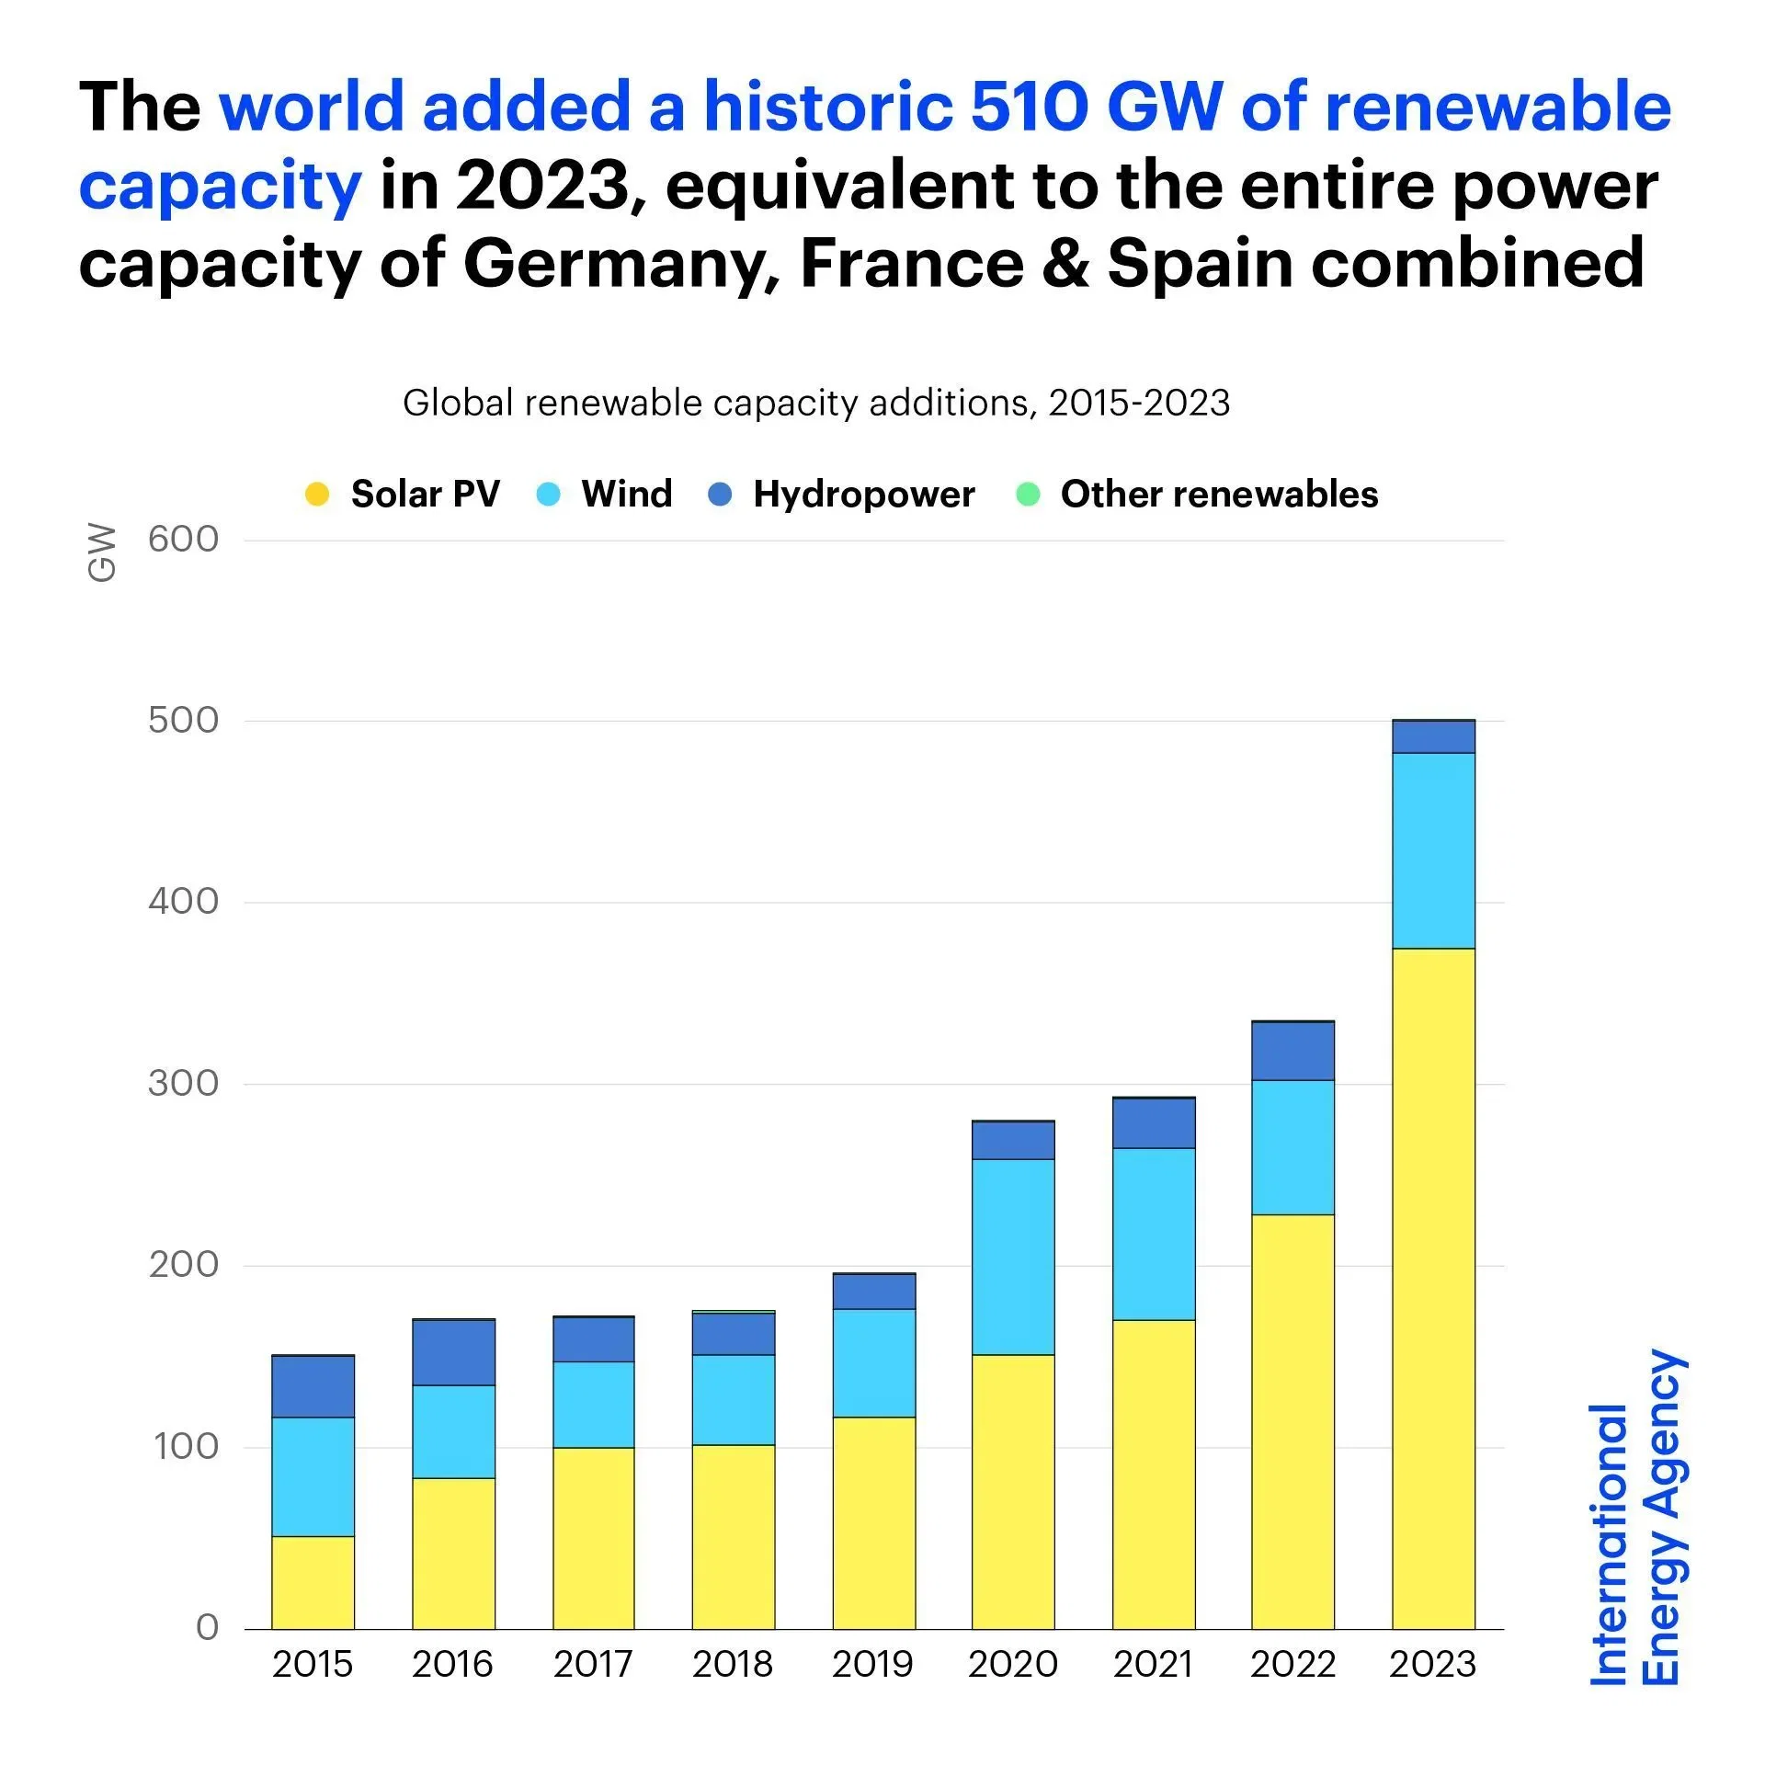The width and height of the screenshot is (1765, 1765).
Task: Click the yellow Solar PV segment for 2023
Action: point(1432,1287)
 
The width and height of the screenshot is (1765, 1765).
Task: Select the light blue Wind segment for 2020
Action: point(1012,1256)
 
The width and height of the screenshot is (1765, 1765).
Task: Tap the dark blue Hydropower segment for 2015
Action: point(313,1386)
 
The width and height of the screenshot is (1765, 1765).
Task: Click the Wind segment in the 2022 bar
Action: point(1292,1147)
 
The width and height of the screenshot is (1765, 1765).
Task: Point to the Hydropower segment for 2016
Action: point(453,1352)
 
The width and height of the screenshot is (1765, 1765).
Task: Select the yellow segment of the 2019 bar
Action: point(873,1522)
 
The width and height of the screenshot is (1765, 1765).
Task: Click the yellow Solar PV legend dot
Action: point(317,495)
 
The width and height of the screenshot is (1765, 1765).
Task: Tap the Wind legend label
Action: point(626,495)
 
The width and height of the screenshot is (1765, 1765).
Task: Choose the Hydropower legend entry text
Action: point(863,495)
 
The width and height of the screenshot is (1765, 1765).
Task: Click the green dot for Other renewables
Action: point(1028,495)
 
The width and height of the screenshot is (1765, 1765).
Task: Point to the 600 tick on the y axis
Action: point(183,540)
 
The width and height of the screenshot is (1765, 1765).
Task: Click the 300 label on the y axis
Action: point(183,1083)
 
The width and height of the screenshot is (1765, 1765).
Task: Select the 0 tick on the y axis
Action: point(207,1627)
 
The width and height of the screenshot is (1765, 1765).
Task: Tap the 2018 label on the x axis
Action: point(733,1665)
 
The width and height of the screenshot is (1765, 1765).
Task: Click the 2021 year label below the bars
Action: point(1153,1665)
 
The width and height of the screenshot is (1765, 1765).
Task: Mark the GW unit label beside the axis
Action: point(102,553)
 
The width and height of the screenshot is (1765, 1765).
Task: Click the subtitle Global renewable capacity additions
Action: point(815,403)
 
